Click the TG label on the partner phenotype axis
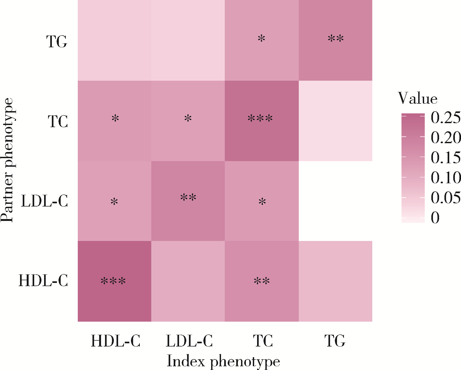pyautogui.click(x=57, y=42)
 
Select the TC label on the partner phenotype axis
pyautogui.click(x=58, y=122)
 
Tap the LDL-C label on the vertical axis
pyautogui.click(x=44, y=201)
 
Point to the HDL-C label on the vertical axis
pyautogui.click(x=43, y=281)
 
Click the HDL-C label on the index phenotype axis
pyautogui.click(x=115, y=341)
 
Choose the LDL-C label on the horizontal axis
pyautogui.click(x=189, y=341)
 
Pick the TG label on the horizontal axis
pyautogui.click(x=335, y=341)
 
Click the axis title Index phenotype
pyautogui.click(x=223, y=361)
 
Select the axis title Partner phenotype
pyautogui.click(x=7, y=160)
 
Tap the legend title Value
pyautogui.click(x=418, y=98)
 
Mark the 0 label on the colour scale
pyautogui.click(x=435, y=217)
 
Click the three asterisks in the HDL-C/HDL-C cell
pyautogui.click(x=113, y=281)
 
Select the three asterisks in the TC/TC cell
pyautogui.click(x=260, y=118)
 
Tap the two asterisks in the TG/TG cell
pyautogui.click(x=336, y=39)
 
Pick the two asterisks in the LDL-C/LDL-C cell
pyautogui.click(x=188, y=198)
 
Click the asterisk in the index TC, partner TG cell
pyautogui.click(x=262, y=39)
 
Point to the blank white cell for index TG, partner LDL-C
pyautogui.click(x=335, y=201)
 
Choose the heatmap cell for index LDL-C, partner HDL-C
pyautogui.click(x=188, y=281)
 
